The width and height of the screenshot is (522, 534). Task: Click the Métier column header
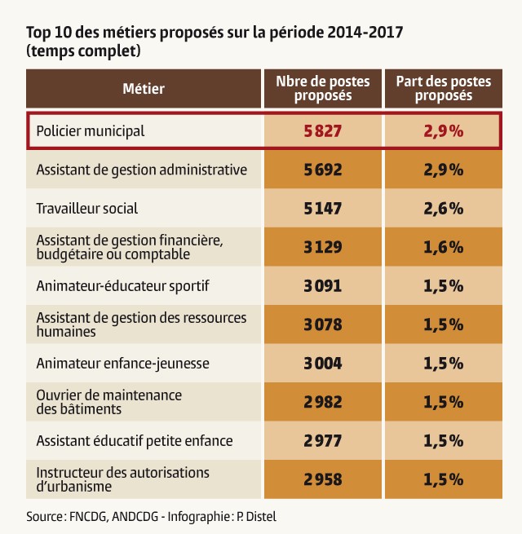tap(144, 88)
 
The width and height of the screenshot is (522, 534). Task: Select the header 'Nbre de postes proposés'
tap(322, 88)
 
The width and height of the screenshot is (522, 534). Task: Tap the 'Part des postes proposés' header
tap(443, 88)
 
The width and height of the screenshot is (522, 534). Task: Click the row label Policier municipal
tap(91, 130)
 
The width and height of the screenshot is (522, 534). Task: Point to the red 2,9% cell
tap(443, 130)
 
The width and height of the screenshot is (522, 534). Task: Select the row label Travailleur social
tap(87, 208)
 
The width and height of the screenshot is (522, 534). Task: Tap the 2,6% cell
tap(443, 208)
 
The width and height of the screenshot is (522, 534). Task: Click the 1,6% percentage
tap(443, 247)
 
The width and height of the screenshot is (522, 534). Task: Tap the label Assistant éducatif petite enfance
tap(135, 440)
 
